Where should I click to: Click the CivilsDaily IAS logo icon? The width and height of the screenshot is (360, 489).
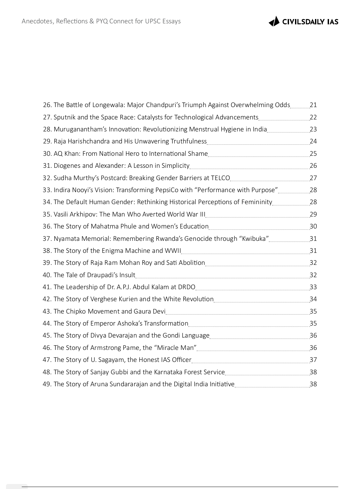tap(274, 21)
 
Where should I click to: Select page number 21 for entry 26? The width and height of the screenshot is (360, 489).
tap(313, 105)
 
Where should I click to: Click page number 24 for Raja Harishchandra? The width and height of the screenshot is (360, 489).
tap(313, 141)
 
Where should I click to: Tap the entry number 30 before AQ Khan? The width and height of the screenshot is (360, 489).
tap(47, 154)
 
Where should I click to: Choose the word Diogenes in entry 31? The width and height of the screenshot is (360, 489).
tap(67, 166)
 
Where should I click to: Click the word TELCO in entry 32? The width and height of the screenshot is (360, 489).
tap(220, 178)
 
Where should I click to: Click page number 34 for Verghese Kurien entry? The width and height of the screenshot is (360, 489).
tap(313, 299)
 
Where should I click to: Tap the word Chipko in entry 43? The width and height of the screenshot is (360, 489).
tap(76, 312)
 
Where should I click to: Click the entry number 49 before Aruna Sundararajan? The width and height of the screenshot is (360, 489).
tap(47, 384)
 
